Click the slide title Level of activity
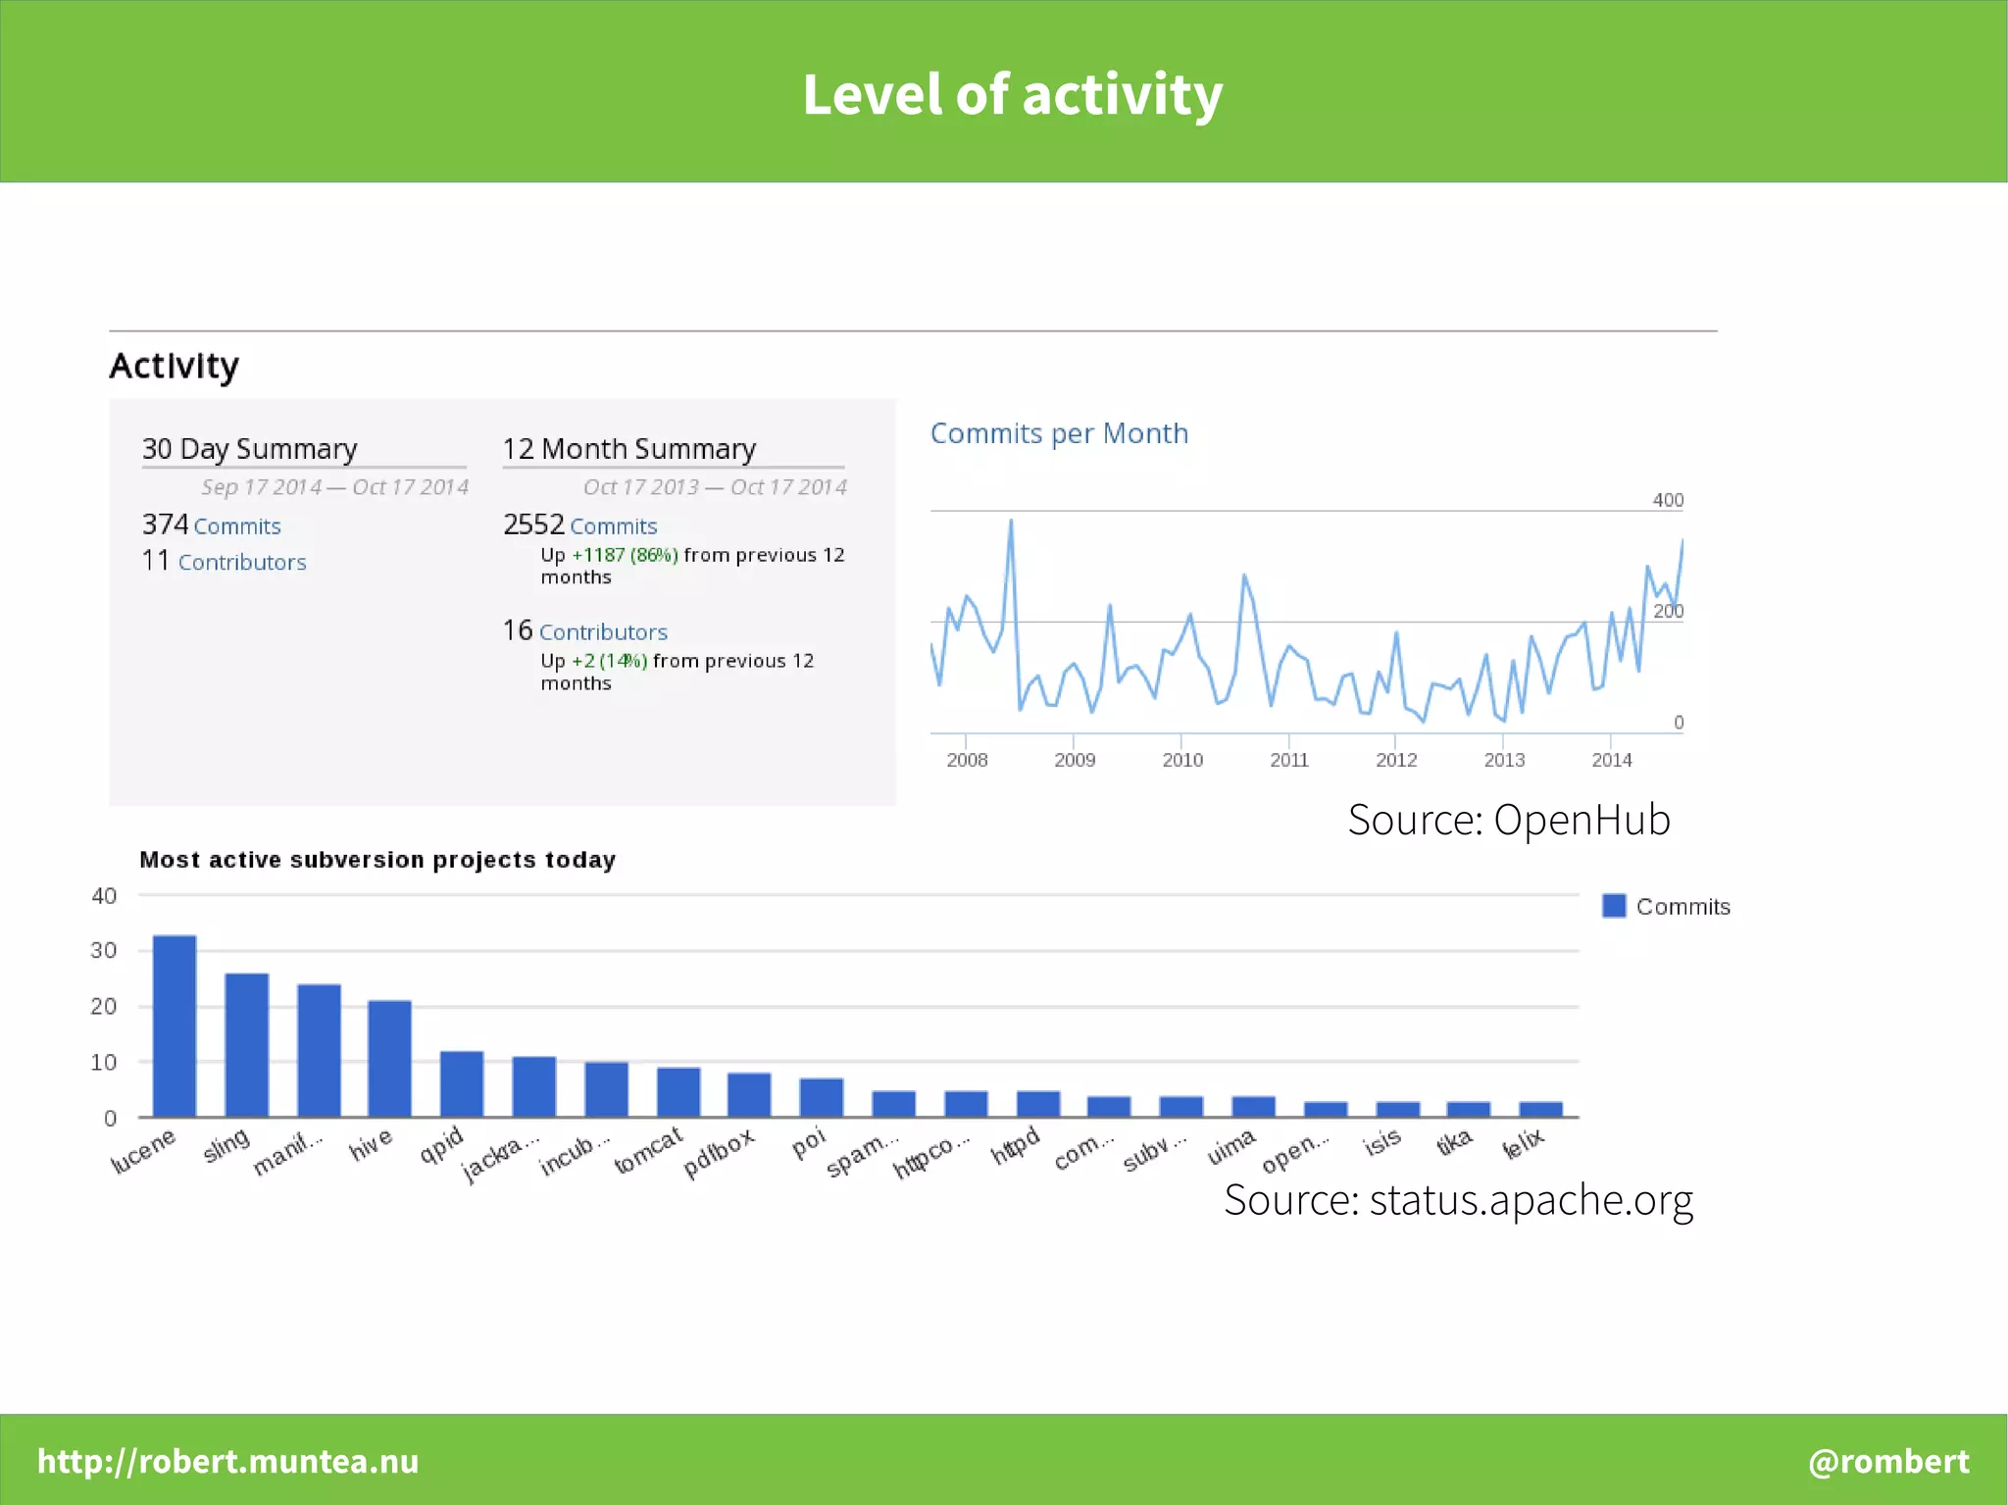1012,95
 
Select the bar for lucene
175,1026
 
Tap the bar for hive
389,1058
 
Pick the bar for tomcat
678,1091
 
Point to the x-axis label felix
1524,1143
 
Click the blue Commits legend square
1614,906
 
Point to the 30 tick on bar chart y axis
104,950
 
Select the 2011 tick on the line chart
1288,760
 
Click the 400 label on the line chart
1668,500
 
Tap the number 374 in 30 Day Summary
165,525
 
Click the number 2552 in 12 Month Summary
533,525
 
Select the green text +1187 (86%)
625,555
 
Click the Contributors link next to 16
603,632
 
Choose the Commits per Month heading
1059,433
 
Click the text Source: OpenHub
1508,820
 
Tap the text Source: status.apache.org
1458,1200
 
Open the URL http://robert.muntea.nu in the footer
227,1461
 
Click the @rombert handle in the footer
1888,1461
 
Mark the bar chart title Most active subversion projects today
377,860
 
